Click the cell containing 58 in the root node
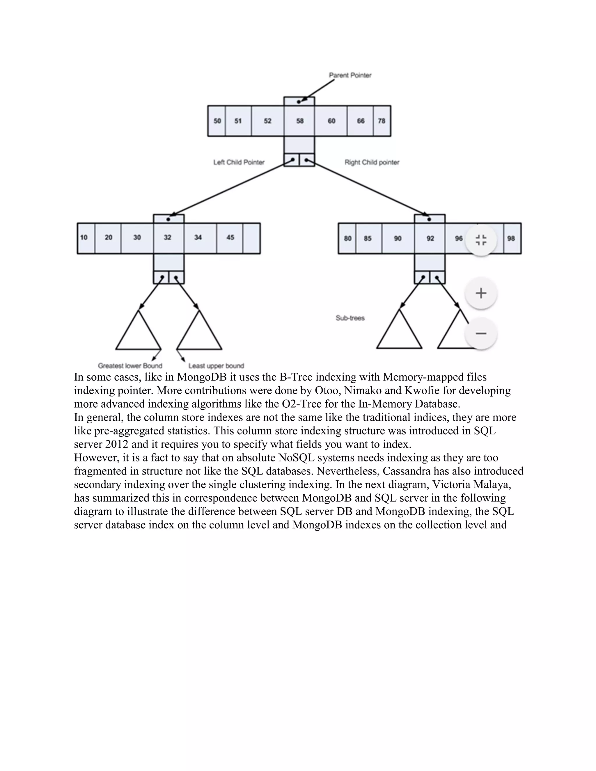tap(299, 121)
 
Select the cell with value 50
tap(217, 121)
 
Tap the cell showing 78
tap(382, 121)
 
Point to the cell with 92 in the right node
tap(430, 238)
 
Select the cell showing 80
tap(347, 238)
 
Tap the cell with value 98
tap(512, 238)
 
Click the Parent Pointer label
tap(350, 75)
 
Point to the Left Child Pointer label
tap(239, 162)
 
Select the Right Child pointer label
tap(372, 162)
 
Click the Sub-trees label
tap(350, 318)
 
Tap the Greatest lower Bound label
tap(130, 366)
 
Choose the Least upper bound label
tap(216, 366)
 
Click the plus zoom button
tap(481, 293)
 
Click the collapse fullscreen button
tap(481, 240)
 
